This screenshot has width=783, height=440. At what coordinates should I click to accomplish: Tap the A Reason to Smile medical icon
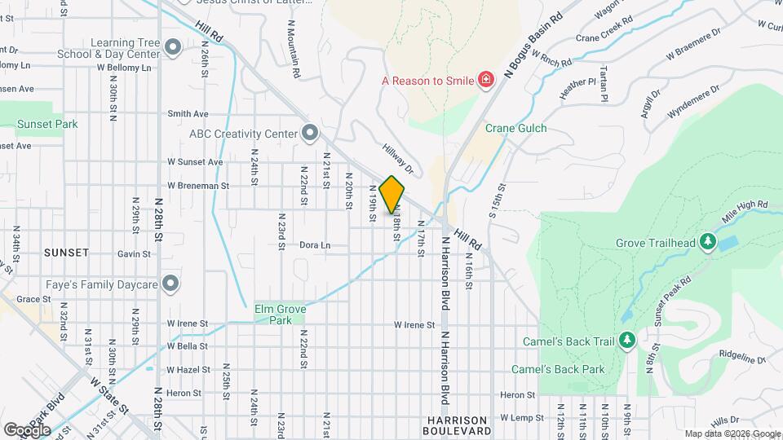(x=485, y=79)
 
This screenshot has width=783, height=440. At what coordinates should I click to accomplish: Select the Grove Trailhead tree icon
(x=709, y=242)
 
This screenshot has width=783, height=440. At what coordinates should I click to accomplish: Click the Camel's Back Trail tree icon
(x=627, y=339)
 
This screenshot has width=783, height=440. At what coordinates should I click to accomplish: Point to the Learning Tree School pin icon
(x=172, y=48)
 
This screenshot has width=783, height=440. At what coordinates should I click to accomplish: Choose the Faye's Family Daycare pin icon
(x=170, y=284)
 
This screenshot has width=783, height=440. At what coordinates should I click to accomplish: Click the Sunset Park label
(x=48, y=125)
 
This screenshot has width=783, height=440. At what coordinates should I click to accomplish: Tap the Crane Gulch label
(x=516, y=129)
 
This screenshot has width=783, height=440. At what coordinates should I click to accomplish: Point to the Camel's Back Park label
(x=558, y=369)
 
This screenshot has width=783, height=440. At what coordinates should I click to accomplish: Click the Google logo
(x=27, y=429)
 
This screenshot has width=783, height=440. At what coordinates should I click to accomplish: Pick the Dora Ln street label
(x=315, y=244)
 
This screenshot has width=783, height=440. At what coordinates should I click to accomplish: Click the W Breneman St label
(x=198, y=186)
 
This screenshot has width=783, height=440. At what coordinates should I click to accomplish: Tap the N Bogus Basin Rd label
(x=533, y=45)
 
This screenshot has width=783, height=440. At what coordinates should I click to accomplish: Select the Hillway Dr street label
(x=399, y=159)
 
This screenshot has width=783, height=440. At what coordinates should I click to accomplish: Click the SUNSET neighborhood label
(x=66, y=253)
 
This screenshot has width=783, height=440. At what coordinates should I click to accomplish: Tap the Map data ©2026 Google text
(x=732, y=433)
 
